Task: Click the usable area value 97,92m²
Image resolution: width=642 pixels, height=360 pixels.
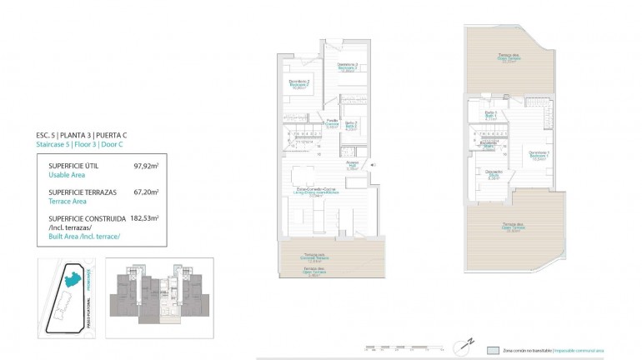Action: (146, 166)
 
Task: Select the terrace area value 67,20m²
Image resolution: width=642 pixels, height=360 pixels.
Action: (146, 192)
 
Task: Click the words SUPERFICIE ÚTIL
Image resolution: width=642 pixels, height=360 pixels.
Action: (76, 166)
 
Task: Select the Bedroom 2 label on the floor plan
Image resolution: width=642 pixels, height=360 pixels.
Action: (299, 83)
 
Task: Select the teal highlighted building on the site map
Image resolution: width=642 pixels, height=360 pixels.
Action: (72, 277)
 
